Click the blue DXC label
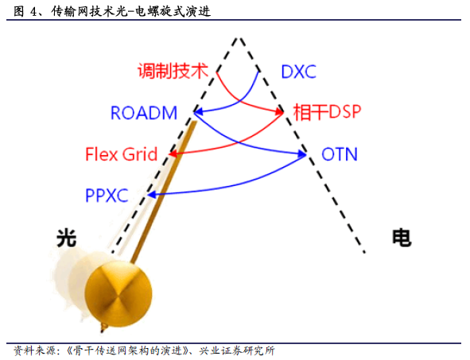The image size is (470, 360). click(298, 72)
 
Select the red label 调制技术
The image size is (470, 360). click(173, 72)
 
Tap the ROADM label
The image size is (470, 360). click(144, 113)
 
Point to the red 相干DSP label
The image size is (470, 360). click(327, 112)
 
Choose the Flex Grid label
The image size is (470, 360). click(122, 154)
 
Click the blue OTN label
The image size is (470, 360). click(340, 154)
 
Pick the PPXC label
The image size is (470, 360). click(107, 195)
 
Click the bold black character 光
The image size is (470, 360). click(67, 238)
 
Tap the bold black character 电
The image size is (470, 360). click(402, 238)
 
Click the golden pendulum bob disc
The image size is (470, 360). click(118, 294)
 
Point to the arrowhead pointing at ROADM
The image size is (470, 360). click(198, 112)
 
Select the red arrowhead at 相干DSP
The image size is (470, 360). click(279, 112)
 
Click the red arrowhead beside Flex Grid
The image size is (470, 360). click(173, 154)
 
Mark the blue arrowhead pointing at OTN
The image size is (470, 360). click(302, 154)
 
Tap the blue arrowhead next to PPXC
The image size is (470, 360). click(152, 195)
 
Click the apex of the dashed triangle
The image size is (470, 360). click(239, 38)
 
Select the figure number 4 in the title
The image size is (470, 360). click(33, 12)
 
